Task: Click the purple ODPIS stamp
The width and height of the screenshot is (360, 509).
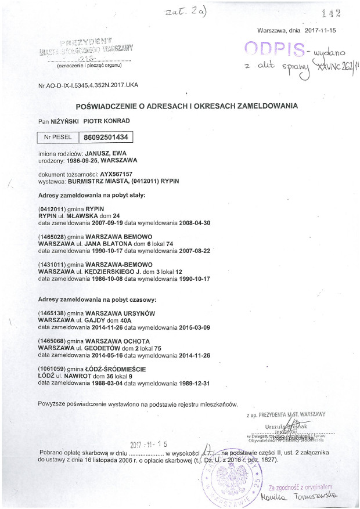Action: pyautogui.click(x=275, y=49)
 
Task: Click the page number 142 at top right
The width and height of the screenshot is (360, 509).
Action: pyautogui.click(x=330, y=13)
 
